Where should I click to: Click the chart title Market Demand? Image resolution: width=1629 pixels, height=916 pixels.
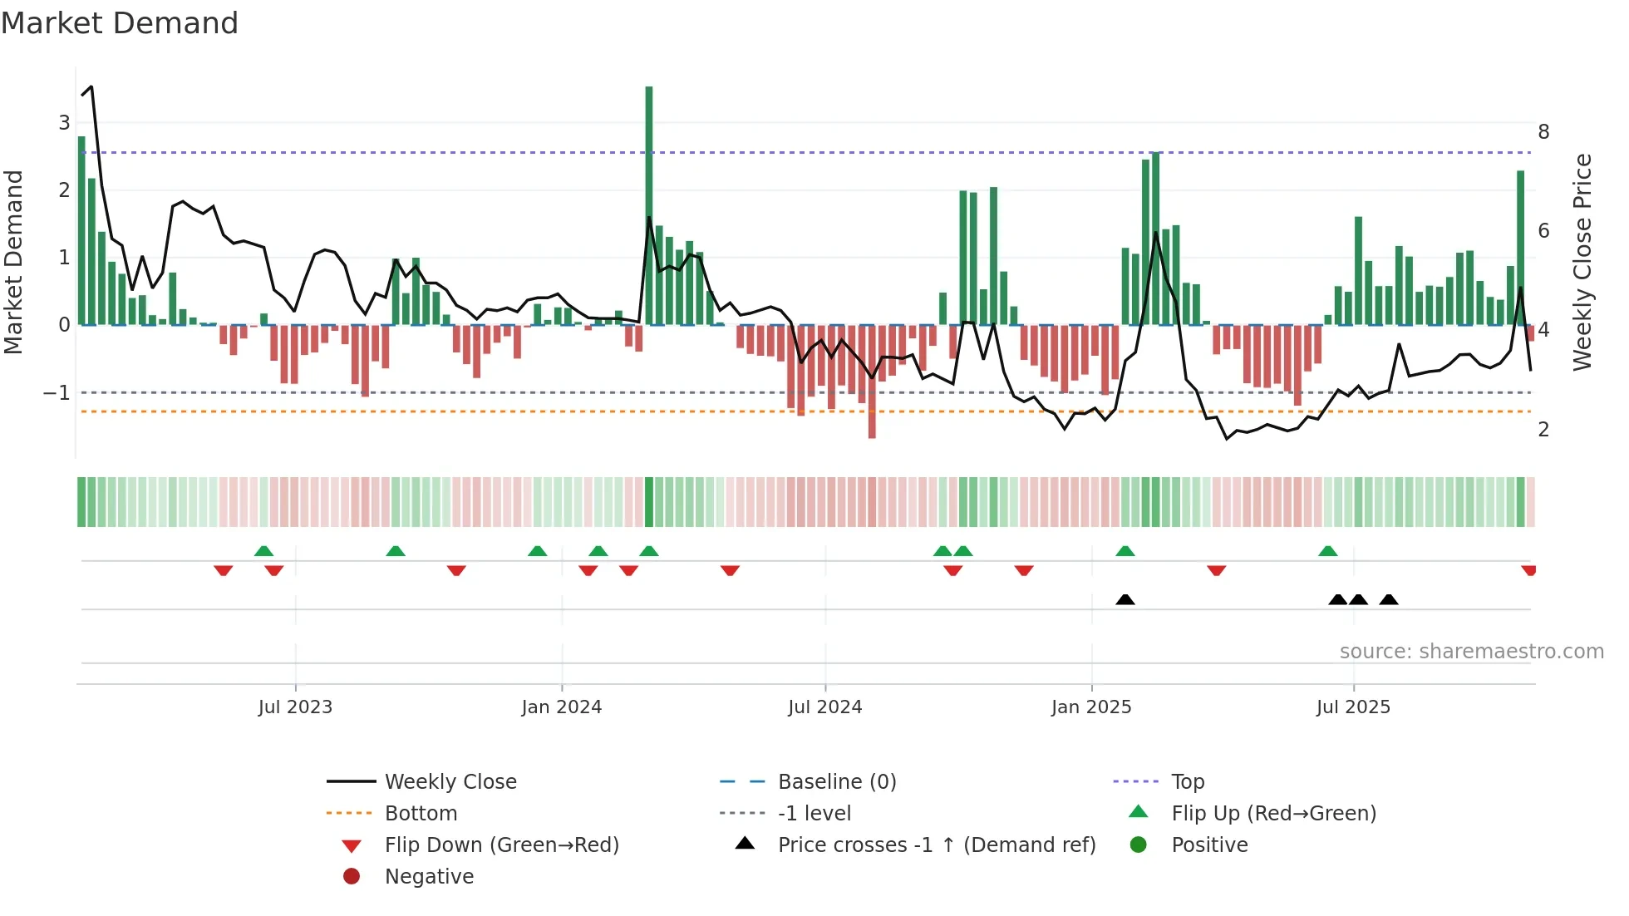(120, 23)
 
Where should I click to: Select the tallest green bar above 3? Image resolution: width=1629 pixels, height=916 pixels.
(649, 204)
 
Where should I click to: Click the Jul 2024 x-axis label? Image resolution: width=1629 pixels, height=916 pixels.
(824, 707)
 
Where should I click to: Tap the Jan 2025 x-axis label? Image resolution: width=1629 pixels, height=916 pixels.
(1090, 707)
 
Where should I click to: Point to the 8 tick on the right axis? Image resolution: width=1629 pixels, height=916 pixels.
(1543, 132)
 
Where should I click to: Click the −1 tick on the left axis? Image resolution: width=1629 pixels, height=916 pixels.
(57, 392)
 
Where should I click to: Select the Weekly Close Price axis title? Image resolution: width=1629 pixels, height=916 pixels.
(1582, 262)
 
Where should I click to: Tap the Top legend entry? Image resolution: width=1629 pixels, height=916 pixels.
(1187, 782)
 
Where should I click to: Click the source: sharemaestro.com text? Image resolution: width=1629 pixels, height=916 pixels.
(1471, 652)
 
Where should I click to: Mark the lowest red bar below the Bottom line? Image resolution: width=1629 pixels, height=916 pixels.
(872, 382)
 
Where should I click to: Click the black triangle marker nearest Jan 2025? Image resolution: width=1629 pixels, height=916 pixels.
(1125, 599)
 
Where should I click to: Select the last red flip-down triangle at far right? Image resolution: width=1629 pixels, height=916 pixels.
(1528, 570)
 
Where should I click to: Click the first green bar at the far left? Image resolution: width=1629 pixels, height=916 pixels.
(81, 231)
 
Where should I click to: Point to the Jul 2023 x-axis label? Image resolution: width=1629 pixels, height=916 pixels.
(295, 707)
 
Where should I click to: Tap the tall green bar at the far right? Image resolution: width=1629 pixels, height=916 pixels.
(1520, 248)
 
